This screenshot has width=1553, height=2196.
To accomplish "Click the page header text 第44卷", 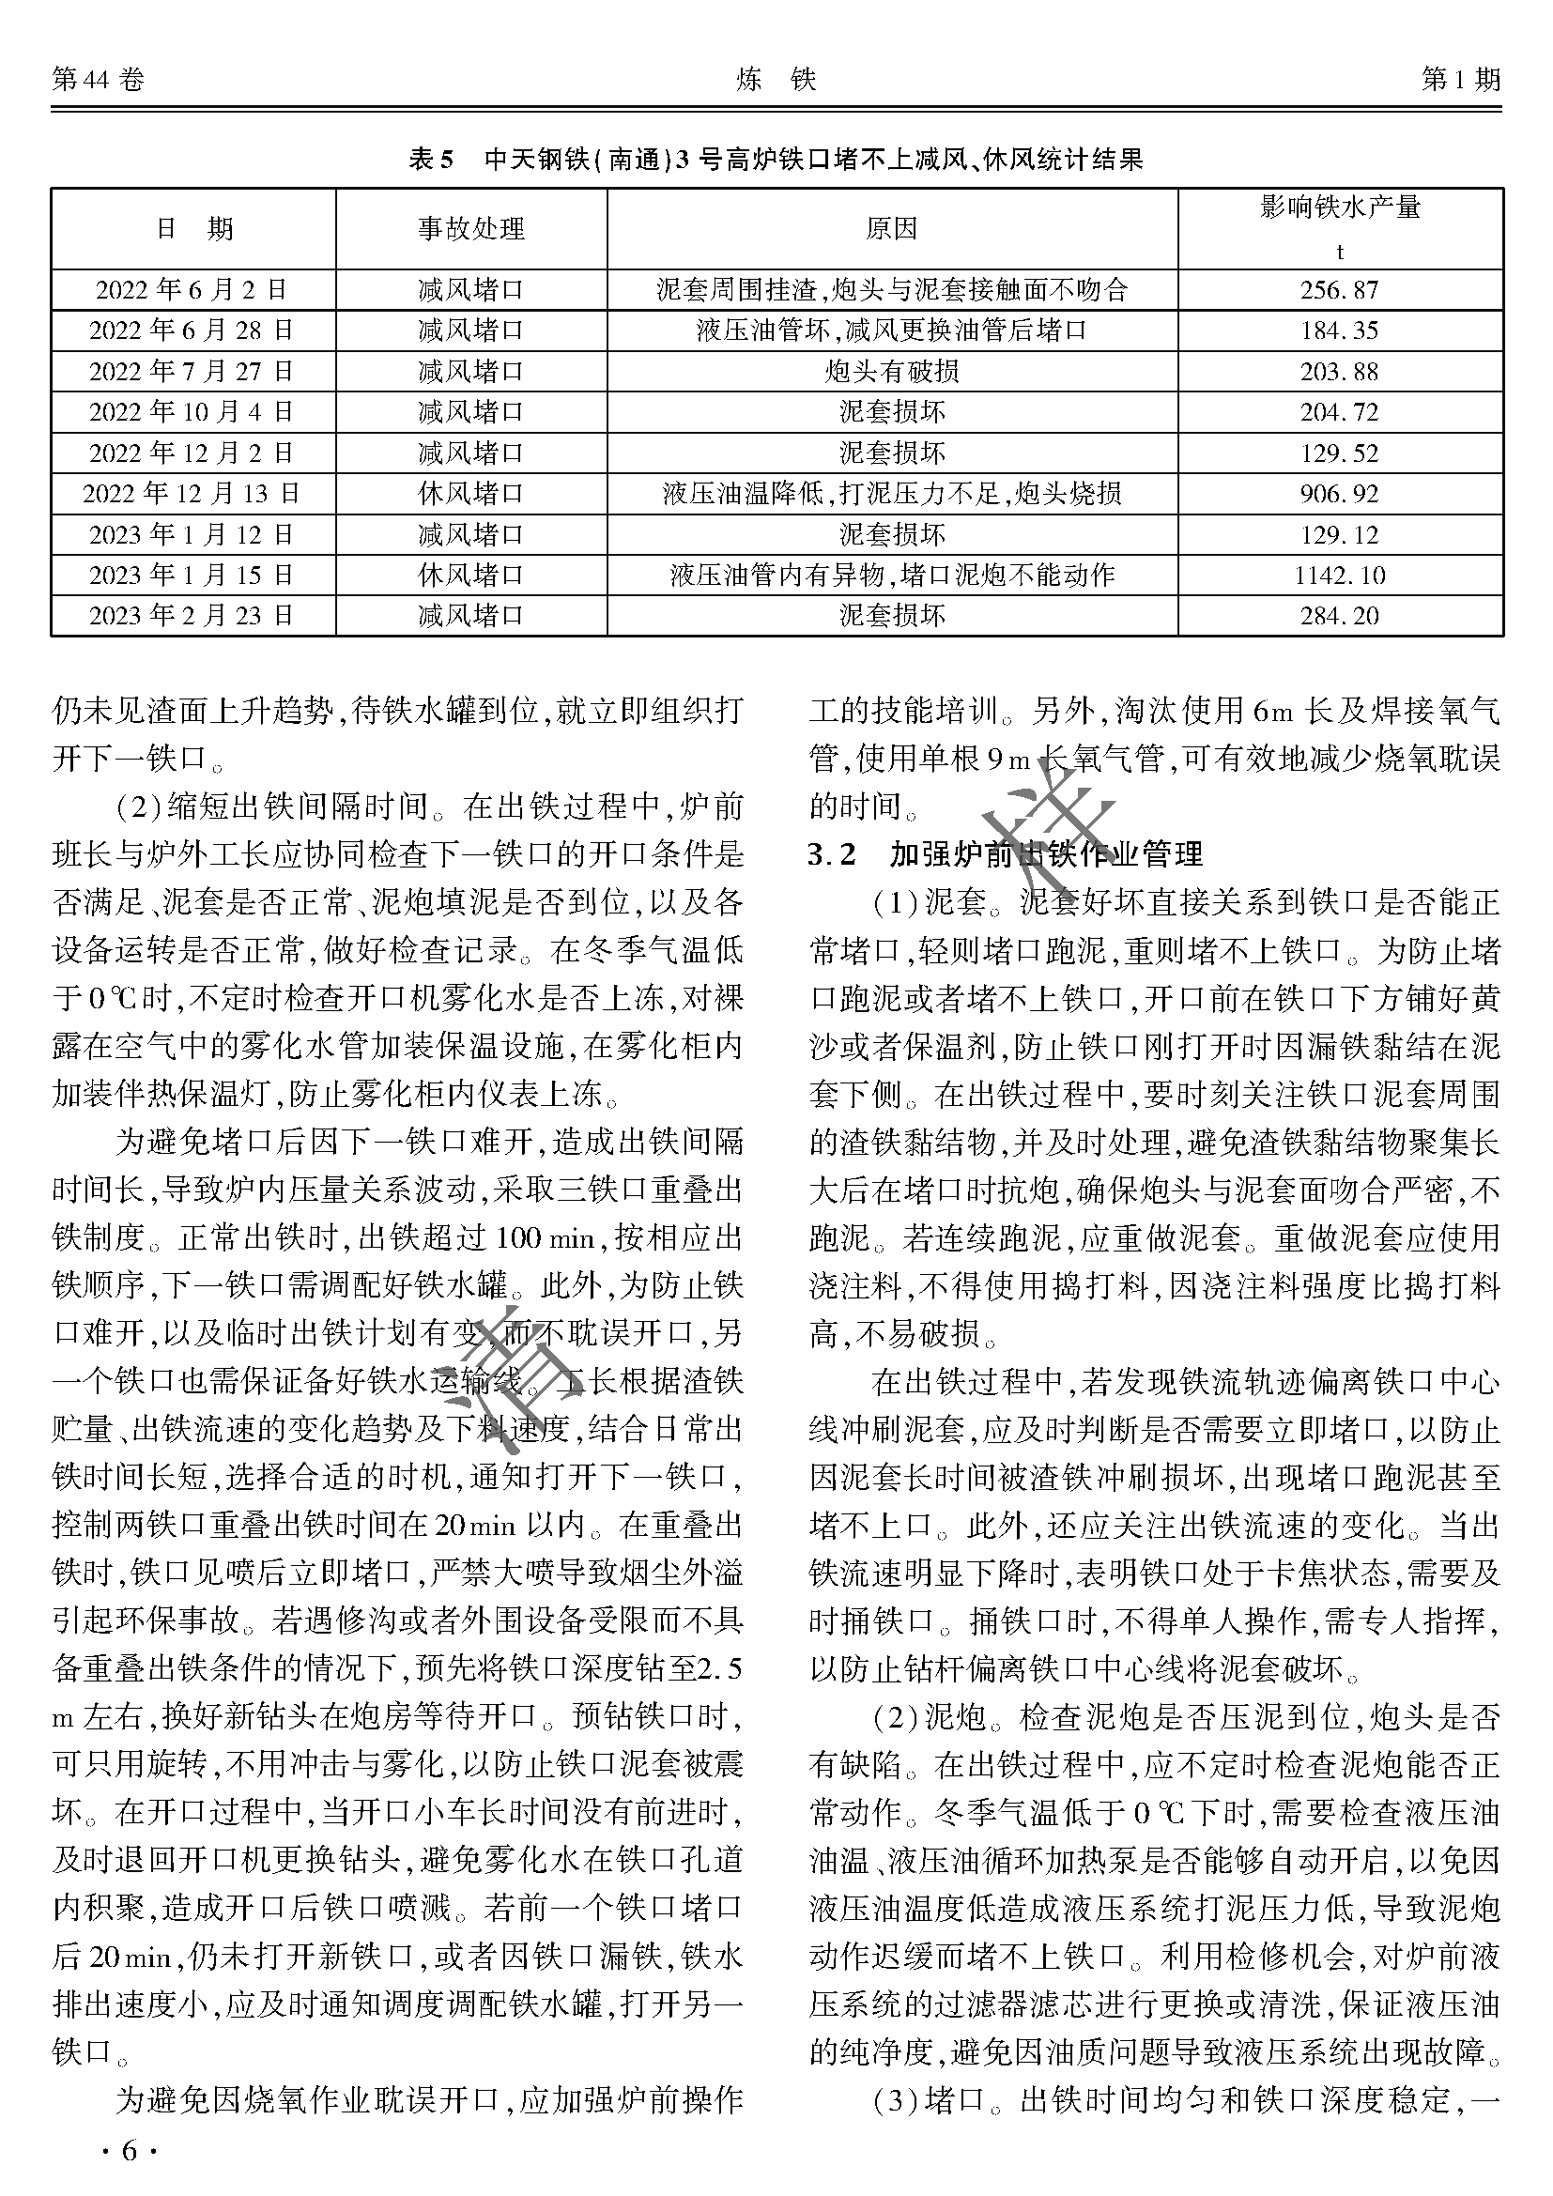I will click(x=98, y=81).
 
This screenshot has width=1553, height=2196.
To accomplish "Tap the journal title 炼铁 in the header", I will click(x=776, y=81).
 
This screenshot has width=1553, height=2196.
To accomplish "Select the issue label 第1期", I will click(x=1460, y=81).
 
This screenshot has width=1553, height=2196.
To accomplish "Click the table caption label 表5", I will click(x=430, y=159).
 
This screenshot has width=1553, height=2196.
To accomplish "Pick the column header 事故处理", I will click(x=471, y=229).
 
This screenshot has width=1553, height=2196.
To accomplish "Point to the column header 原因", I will click(x=891, y=229).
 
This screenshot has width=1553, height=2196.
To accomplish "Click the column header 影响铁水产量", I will click(x=1340, y=207).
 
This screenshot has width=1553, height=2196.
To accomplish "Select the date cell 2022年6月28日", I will click(x=192, y=330).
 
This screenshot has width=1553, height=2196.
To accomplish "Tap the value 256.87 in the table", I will click(x=1339, y=290).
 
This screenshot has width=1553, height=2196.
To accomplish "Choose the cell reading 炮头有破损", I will click(x=891, y=371).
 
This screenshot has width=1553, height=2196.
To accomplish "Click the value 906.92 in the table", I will click(x=1339, y=494).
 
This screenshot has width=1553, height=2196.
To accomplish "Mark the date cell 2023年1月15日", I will click(x=192, y=575).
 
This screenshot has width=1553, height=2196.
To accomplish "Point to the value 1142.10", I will click(x=1339, y=575).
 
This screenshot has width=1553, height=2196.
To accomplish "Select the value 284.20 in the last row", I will click(x=1339, y=616).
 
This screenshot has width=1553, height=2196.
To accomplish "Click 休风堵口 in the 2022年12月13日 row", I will click(x=471, y=494).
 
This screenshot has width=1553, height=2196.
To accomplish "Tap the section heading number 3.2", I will click(x=832, y=854).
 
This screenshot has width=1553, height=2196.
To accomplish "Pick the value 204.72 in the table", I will click(x=1339, y=412).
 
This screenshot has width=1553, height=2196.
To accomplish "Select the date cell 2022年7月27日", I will click(x=192, y=371).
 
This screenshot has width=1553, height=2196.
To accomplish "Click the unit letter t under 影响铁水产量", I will click(x=1340, y=253).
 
